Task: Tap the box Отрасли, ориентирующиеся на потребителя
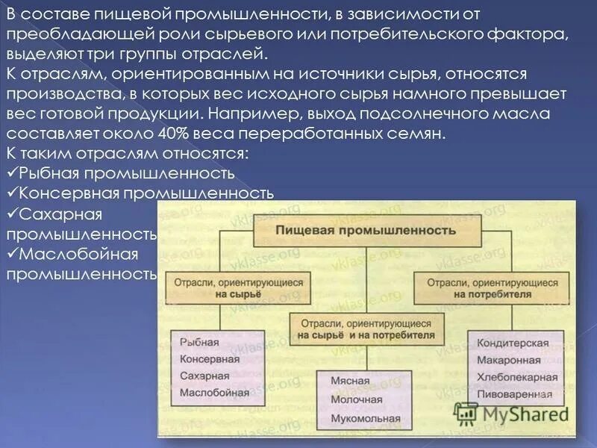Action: tap(492, 289)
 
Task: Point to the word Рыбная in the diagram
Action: tap(199, 343)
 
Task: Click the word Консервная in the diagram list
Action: tap(209, 359)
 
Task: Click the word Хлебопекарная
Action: tap(515, 377)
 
